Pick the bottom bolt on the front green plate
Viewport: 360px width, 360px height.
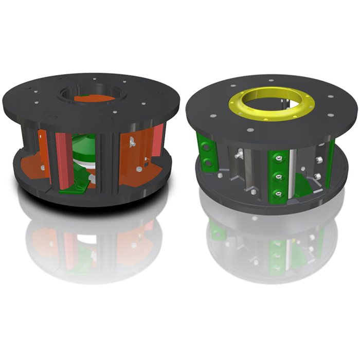point(279,193)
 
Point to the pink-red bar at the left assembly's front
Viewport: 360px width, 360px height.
point(63,159)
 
